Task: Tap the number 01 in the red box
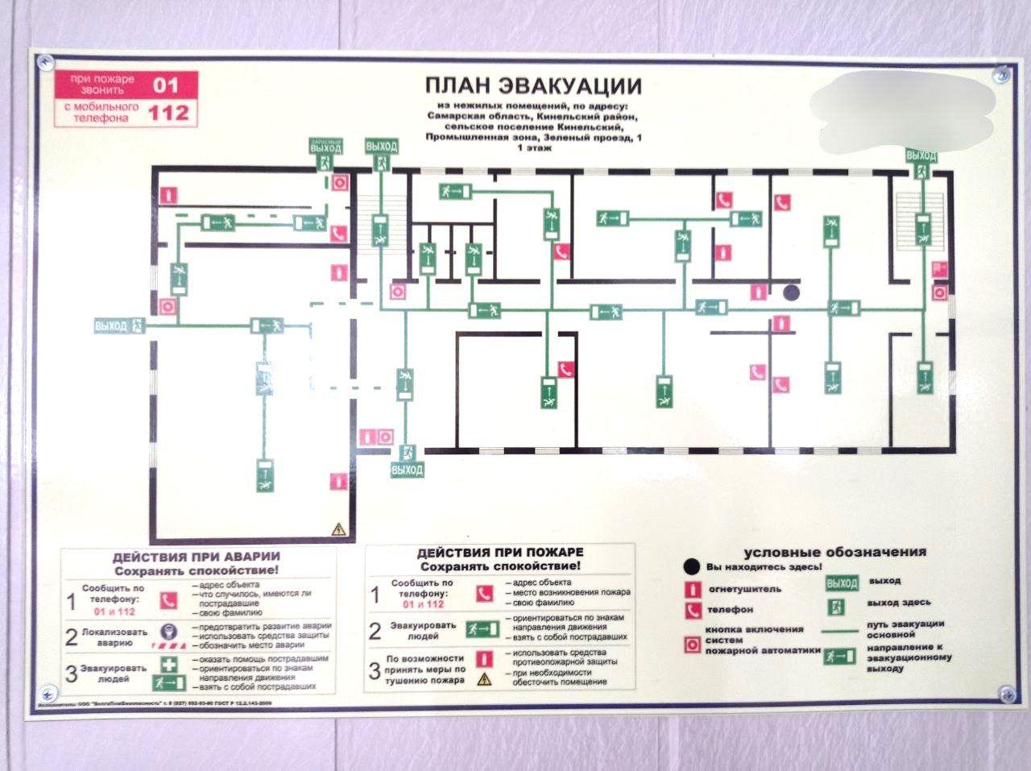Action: [165, 84]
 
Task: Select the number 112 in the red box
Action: [168, 113]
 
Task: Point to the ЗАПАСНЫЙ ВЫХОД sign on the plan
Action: [325, 146]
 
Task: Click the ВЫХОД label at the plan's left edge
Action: [111, 326]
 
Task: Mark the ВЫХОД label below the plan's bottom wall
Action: [406, 470]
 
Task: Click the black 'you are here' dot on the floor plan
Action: [793, 293]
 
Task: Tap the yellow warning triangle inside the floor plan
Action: [338, 529]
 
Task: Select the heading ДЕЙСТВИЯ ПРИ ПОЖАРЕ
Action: [499, 553]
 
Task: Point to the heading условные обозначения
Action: [834, 553]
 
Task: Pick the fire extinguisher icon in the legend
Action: [691, 589]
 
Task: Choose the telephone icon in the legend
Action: [691, 610]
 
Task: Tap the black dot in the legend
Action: [690, 566]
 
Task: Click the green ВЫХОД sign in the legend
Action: [841, 582]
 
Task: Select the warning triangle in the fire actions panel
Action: [484, 679]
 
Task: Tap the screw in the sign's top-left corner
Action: [45, 59]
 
